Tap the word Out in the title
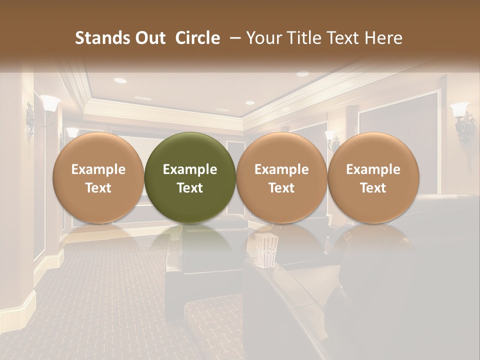click(149, 38)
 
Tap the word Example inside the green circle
click(190, 169)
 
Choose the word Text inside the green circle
click(190, 188)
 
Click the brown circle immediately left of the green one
click(98, 177)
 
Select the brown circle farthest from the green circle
click(373, 177)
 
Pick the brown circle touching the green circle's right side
click(281, 177)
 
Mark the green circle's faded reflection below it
click(190, 240)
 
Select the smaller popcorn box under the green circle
click(177, 232)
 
